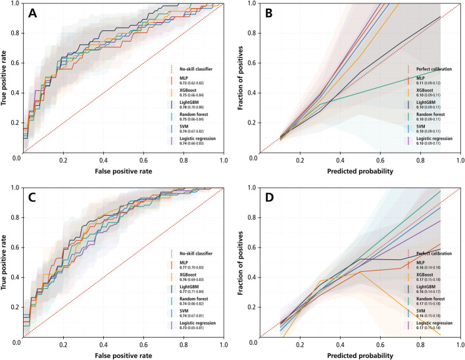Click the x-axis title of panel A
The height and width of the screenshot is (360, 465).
(x=122, y=172)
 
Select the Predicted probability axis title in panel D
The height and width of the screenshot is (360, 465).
(x=360, y=356)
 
